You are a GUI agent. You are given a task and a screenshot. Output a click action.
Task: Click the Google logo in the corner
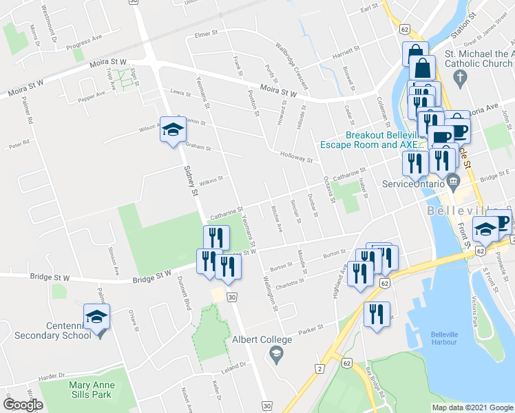pyautogui.click(x=23, y=404)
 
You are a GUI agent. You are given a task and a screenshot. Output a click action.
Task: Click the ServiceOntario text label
pyautogui.click(x=413, y=184)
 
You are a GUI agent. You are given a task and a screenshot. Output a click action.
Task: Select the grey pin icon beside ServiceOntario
pyautogui.click(x=453, y=182)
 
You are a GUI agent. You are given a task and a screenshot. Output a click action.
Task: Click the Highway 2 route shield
pyautogui.click(x=318, y=370)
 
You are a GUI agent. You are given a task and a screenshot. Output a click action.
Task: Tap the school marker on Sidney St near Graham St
pyautogui.click(x=173, y=129)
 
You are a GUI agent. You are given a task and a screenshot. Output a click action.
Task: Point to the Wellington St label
pyautogui.click(x=270, y=294)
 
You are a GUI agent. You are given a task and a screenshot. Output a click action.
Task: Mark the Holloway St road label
pyautogui.click(x=297, y=157)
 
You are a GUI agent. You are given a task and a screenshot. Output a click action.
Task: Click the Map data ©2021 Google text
pyautogui.click(x=472, y=407)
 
